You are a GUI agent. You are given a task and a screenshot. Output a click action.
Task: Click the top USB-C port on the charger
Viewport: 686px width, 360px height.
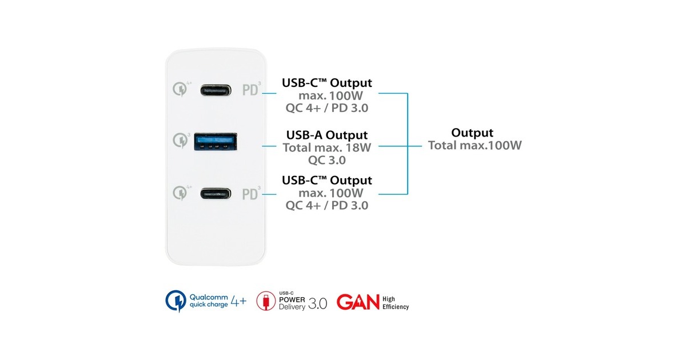coord(216,90)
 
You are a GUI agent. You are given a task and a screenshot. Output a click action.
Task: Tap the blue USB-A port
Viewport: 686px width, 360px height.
coord(216,140)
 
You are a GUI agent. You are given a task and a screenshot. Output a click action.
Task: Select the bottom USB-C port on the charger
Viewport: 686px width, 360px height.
coord(216,193)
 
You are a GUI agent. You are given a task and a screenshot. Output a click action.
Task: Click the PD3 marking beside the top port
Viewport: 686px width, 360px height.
coord(252,90)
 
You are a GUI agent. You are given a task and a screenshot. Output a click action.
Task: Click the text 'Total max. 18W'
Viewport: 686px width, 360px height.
coord(326,147)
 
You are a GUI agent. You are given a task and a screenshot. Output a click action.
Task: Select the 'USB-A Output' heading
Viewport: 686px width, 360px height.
coord(326,135)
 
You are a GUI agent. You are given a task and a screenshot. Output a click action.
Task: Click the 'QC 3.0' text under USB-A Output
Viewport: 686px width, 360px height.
coord(326,160)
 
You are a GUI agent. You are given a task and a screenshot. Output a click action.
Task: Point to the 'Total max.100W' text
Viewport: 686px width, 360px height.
coord(475,145)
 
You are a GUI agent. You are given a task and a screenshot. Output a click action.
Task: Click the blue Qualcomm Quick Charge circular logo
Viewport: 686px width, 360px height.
coord(176,301)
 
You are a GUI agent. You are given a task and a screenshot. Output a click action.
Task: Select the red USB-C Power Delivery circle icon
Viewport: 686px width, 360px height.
coord(265,301)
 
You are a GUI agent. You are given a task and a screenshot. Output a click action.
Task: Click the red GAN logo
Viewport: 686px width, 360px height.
coord(358,302)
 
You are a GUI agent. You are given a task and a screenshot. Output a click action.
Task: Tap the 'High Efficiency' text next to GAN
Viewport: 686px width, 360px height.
coord(396,302)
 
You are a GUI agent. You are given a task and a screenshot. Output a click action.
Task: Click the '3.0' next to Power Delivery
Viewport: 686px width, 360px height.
coord(317,303)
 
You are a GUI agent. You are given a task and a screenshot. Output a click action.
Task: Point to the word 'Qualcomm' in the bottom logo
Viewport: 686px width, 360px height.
coord(209,297)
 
